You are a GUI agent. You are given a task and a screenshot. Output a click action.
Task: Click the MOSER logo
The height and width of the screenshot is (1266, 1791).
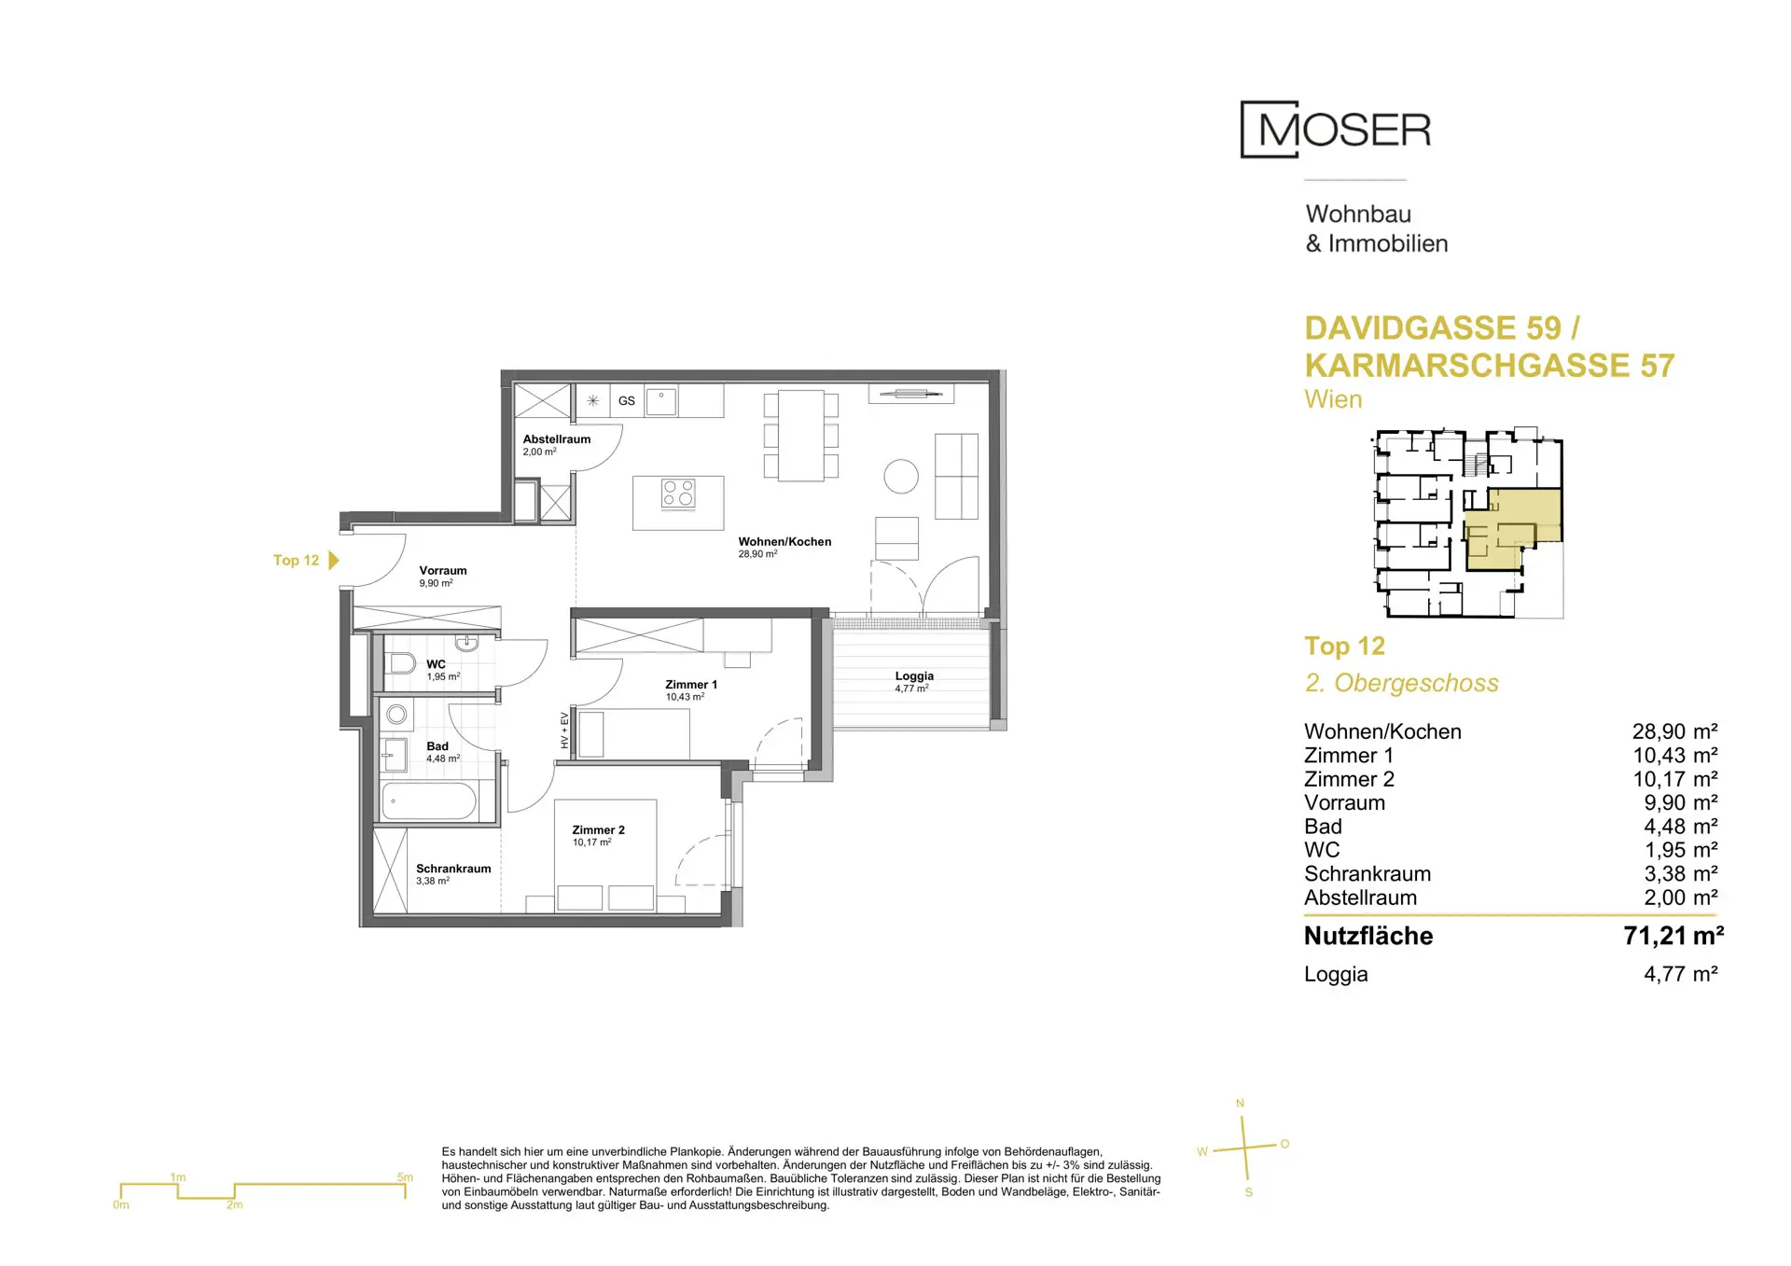(x=1335, y=130)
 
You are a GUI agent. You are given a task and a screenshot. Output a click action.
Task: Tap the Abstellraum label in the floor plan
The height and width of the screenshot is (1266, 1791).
(x=556, y=439)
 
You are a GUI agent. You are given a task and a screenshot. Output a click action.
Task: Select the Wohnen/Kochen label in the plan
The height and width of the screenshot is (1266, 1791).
(x=784, y=541)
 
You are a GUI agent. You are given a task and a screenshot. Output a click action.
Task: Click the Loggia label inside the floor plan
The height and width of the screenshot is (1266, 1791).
(x=914, y=675)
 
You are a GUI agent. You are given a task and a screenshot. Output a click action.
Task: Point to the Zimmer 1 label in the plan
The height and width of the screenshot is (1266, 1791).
(x=691, y=685)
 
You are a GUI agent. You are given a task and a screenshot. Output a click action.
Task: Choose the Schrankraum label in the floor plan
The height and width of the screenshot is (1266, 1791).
(x=453, y=869)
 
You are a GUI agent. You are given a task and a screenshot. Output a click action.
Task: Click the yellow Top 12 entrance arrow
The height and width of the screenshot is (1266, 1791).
(x=334, y=560)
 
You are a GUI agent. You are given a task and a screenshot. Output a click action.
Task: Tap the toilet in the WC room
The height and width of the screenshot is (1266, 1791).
(x=400, y=663)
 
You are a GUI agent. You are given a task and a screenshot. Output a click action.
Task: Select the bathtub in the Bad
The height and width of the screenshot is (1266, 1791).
(x=429, y=800)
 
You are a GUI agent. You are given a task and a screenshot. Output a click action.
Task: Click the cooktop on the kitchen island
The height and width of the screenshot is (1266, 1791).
(x=678, y=493)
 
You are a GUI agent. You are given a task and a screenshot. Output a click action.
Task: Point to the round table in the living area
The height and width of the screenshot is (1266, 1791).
(x=901, y=476)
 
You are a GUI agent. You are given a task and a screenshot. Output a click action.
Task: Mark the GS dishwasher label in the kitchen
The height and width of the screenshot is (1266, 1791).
(x=627, y=401)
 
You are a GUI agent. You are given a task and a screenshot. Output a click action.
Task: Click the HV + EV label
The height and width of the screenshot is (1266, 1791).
(x=564, y=730)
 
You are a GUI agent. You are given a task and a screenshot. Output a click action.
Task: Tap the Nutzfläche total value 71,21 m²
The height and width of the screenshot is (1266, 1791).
(x=1673, y=936)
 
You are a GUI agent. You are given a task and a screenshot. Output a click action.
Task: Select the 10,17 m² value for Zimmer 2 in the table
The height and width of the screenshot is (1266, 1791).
(x=1675, y=779)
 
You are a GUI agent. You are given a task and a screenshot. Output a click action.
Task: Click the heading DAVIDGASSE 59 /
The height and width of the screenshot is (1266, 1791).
(x=1442, y=328)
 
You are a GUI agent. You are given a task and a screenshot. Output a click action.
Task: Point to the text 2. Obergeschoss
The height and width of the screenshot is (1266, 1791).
(x=1401, y=683)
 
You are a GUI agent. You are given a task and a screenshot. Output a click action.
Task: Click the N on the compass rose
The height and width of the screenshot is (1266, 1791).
(x=1240, y=1104)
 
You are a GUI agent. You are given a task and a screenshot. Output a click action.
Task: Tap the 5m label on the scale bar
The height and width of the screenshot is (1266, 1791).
(x=405, y=1177)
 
